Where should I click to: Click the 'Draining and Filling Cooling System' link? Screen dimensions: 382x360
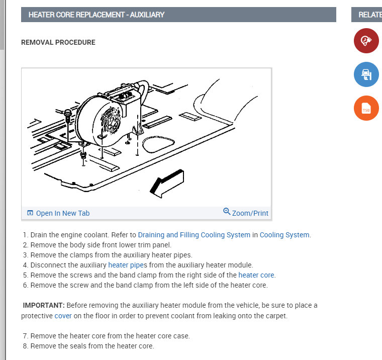pyautogui.click(x=194, y=235)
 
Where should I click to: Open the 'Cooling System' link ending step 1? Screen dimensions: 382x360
pyautogui.click(x=284, y=235)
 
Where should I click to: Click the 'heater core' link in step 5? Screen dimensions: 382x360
pyautogui.click(x=256, y=275)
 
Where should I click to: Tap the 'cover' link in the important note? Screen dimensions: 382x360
pyautogui.click(x=63, y=316)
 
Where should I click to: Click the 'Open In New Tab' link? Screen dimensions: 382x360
pyautogui.click(x=63, y=213)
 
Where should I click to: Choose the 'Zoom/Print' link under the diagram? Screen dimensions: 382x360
pyautogui.click(x=250, y=213)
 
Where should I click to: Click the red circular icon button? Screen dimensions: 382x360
pyautogui.click(x=366, y=41)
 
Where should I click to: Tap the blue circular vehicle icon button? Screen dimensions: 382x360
pyautogui.click(x=366, y=74)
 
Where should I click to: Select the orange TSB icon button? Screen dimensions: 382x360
pyautogui.click(x=366, y=108)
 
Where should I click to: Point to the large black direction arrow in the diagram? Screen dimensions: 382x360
pyautogui.click(x=167, y=184)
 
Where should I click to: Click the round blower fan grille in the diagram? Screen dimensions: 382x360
pyautogui.click(x=111, y=120)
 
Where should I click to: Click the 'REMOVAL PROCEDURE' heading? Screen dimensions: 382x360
pyautogui.click(x=58, y=42)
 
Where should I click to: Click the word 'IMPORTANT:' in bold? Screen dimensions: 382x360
pyautogui.click(x=44, y=305)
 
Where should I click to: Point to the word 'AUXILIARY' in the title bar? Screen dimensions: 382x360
pyautogui.click(x=147, y=15)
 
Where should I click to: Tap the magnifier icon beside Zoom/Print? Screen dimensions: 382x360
pyautogui.click(x=227, y=211)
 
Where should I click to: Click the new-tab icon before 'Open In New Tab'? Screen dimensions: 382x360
pyautogui.click(x=30, y=213)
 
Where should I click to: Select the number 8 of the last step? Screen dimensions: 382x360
pyautogui.click(x=25, y=346)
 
